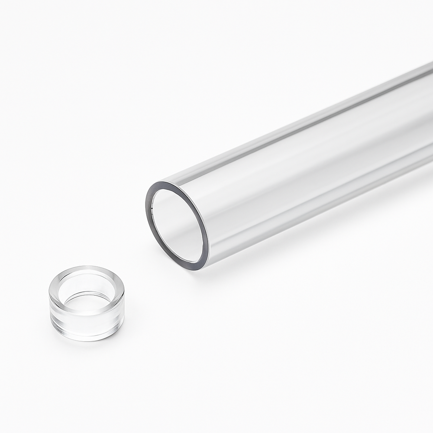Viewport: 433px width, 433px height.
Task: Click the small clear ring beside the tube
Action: (x=87, y=303)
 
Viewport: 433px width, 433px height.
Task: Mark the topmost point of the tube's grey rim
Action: (x=167, y=183)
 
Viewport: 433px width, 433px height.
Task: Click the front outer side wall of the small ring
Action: (x=87, y=327)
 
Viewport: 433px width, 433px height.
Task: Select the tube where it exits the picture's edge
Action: (x=429, y=113)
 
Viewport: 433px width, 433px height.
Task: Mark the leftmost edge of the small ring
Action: (x=50, y=303)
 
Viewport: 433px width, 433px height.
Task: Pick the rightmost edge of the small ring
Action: (x=124, y=303)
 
